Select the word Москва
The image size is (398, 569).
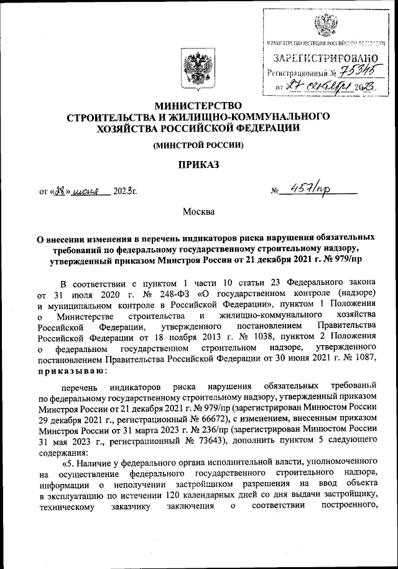[x=198, y=211]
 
